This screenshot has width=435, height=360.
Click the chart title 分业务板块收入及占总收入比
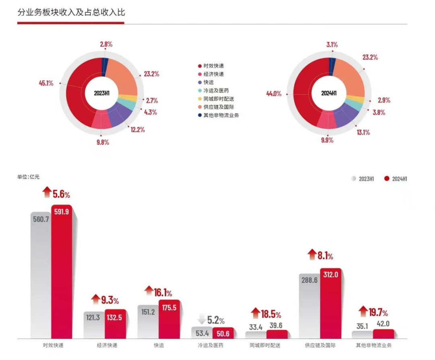[71, 12]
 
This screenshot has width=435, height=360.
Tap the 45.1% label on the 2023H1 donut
[46, 83]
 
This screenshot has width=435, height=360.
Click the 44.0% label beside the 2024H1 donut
[273, 94]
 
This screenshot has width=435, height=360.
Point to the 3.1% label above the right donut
[332, 44]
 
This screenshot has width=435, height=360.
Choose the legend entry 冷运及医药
[216, 91]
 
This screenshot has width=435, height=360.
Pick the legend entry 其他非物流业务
[221, 115]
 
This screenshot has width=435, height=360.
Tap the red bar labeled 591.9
[62, 274]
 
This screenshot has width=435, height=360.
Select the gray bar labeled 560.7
[41, 278]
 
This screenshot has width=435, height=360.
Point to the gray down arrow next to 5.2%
[201, 320]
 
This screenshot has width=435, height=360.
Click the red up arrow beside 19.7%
[363, 312]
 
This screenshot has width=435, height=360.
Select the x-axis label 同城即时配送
[265, 345]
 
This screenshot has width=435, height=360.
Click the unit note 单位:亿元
[28, 177]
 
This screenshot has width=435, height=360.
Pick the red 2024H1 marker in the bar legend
[387, 179]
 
